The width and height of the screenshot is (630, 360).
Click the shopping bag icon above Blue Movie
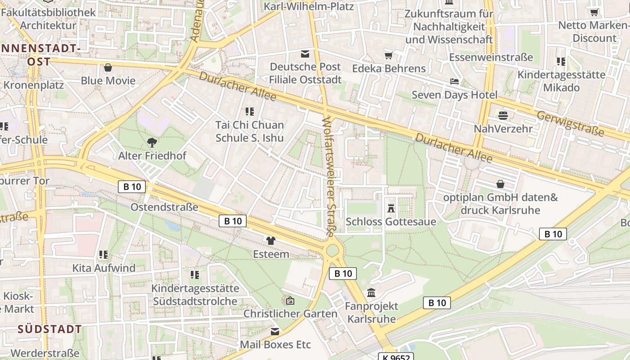108,68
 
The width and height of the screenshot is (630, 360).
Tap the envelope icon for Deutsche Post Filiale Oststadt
305,54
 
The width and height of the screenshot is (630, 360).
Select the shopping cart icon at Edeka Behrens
388,55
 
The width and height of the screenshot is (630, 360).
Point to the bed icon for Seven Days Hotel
454,81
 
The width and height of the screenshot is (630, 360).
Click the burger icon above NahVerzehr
503,115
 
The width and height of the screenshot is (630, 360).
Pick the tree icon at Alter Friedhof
152,143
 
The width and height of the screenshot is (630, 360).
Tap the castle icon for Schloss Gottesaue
391,208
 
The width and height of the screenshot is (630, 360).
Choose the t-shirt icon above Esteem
270,241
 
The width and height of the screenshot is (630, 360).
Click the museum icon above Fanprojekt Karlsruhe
371,293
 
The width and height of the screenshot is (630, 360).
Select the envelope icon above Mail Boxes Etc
275,332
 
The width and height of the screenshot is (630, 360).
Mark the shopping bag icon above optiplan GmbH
500,184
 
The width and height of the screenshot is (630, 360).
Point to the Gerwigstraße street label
571,122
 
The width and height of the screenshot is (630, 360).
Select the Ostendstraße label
164,207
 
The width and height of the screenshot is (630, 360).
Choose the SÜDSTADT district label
50,329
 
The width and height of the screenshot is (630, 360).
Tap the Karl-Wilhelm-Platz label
309,6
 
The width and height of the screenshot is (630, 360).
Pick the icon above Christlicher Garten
290,300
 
